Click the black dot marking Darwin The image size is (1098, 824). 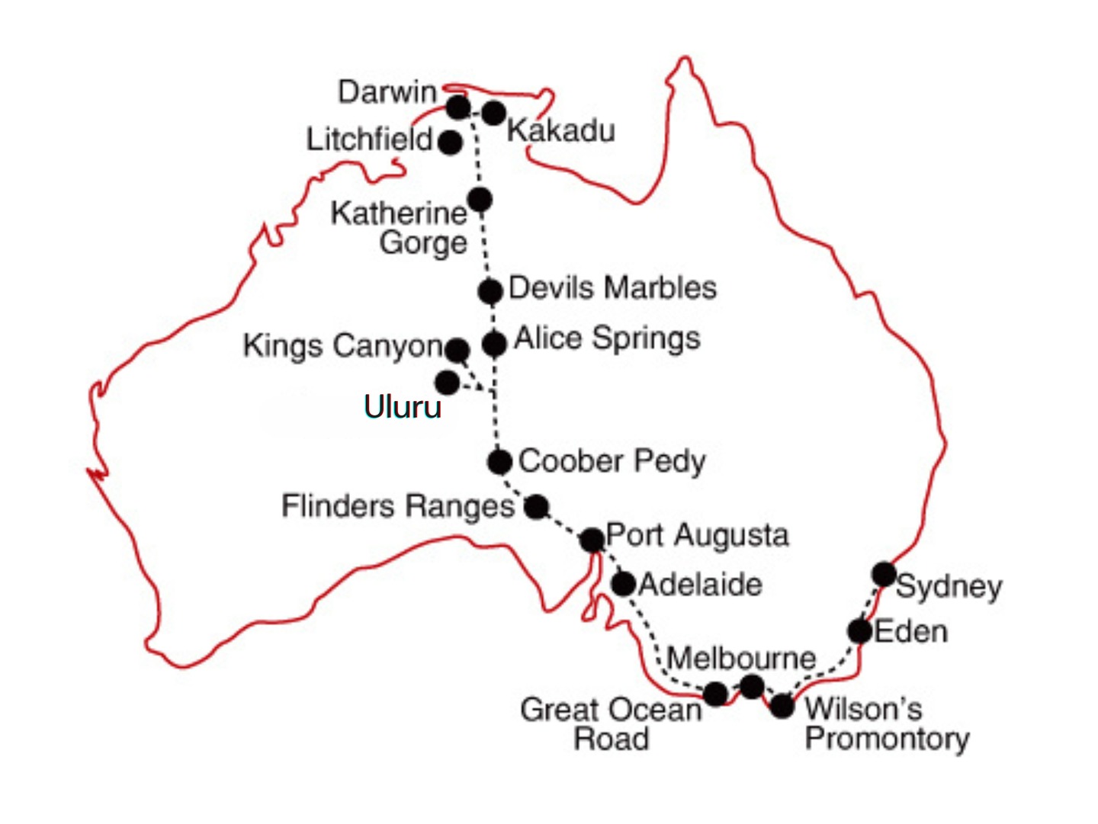(457, 107)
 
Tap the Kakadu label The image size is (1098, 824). (560, 130)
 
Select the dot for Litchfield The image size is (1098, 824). (451, 142)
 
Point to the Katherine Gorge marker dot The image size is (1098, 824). (480, 200)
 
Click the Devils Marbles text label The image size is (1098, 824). (612, 288)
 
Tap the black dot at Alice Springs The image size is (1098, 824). (494, 344)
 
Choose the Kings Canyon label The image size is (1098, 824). (342, 346)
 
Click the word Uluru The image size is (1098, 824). (402, 407)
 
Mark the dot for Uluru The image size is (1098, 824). (447, 382)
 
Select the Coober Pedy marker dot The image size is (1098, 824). (499, 461)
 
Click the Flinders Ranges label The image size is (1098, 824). (398, 506)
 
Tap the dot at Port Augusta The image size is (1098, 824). (592, 540)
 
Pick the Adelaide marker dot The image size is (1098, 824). (624, 584)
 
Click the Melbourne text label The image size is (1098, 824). (741, 658)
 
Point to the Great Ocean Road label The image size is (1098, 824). (610, 724)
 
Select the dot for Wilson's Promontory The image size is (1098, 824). (782, 707)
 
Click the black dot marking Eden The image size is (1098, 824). (860, 631)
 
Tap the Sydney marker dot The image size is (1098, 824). (884, 573)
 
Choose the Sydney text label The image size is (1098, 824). (949, 587)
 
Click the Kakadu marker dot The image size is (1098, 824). (494, 113)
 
